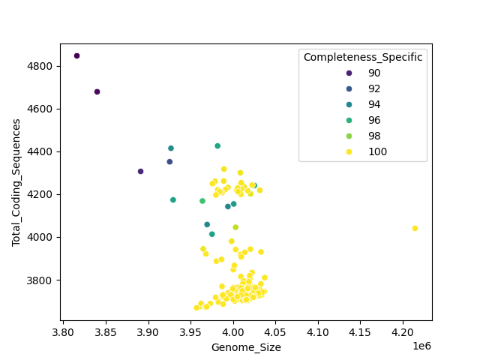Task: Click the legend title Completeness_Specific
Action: coord(362,57)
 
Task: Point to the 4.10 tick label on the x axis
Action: coord(318,331)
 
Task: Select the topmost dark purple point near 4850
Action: coord(76,55)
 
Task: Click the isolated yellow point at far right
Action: coord(415,228)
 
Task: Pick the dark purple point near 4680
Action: coord(97,91)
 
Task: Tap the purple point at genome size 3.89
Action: coord(140,171)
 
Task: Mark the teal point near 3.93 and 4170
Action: coord(172,199)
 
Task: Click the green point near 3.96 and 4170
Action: coord(202,200)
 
